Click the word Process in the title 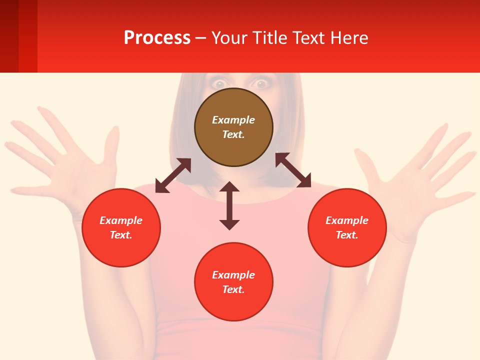pos(157,38)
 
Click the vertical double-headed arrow pos(229,206)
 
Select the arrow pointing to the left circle pos(173,175)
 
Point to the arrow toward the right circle pos(293,170)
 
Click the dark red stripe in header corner pos(9,36)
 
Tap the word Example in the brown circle pos(233,120)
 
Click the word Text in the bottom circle pos(232,289)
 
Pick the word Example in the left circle pos(121,220)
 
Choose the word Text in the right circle pos(346,235)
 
